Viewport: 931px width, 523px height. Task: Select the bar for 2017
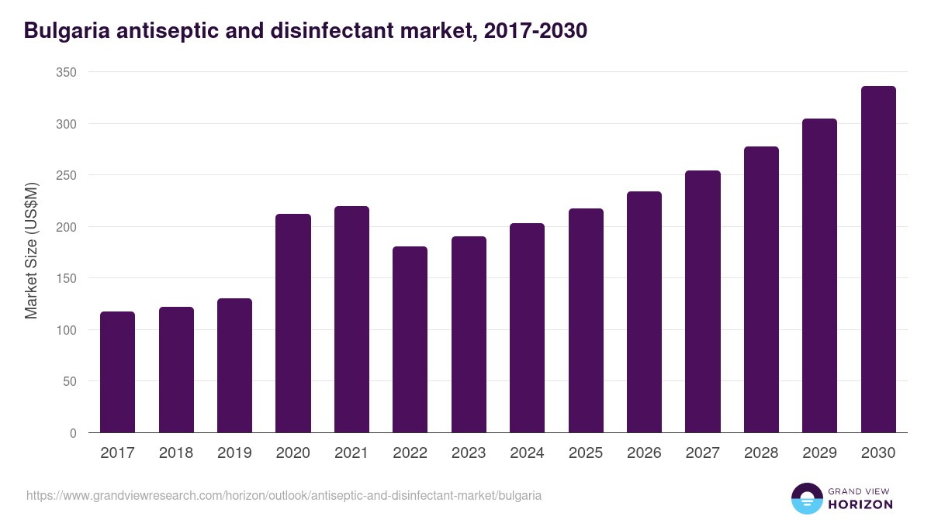click(117, 372)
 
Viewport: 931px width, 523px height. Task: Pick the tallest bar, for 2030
click(878, 260)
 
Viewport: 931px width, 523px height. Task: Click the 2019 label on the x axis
click(234, 453)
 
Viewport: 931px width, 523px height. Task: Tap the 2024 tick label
click(527, 453)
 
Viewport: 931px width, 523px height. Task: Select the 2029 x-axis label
click(819, 453)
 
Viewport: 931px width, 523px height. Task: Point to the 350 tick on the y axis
click(67, 72)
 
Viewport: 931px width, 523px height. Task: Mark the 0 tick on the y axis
click(73, 433)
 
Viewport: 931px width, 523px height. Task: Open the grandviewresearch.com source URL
click(284, 495)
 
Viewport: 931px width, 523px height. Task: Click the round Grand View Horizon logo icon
click(806, 498)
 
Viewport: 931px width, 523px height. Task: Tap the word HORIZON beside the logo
click(860, 504)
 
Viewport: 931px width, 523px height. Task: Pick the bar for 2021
click(351, 319)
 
